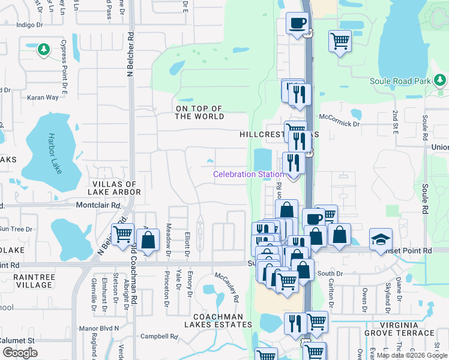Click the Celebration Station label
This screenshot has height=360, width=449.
click(x=249, y=175)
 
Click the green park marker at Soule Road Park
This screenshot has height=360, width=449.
click(x=440, y=80)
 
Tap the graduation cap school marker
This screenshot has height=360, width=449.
click(x=381, y=239)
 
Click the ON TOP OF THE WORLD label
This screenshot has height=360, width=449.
click(x=199, y=112)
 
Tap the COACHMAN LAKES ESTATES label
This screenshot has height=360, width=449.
click(x=218, y=320)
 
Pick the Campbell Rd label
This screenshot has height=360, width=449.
click(x=160, y=337)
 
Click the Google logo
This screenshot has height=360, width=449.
click(x=20, y=353)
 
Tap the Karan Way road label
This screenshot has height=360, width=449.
click(x=42, y=97)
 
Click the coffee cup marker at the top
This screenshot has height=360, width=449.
click(x=297, y=24)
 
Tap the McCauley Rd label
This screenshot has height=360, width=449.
click(x=228, y=289)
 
